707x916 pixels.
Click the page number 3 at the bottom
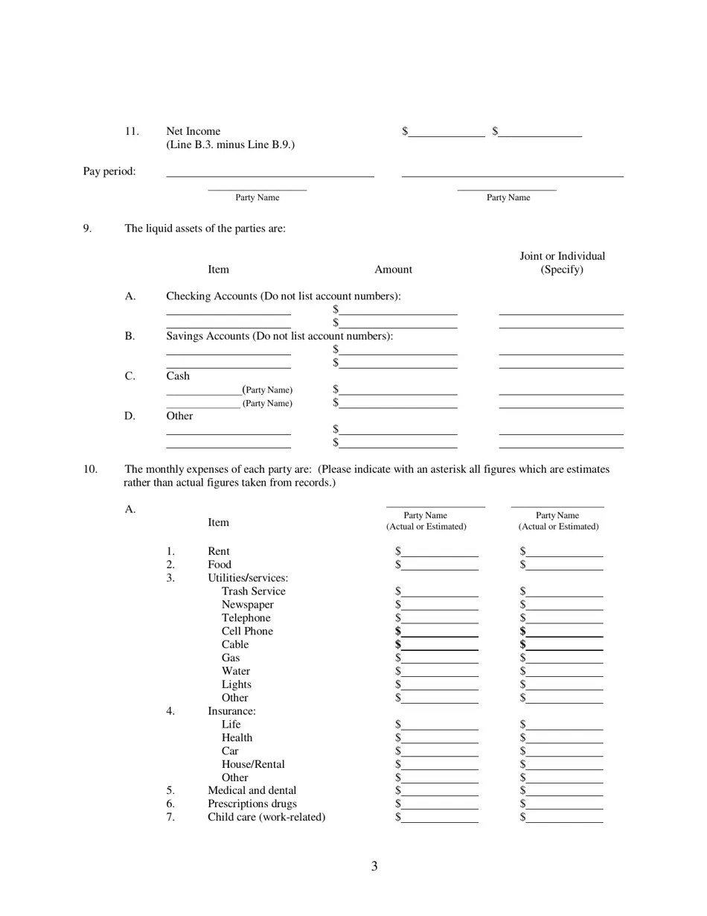(x=374, y=866)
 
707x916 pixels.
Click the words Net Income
(x=193, y=131)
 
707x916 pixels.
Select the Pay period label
(x=109, y=171)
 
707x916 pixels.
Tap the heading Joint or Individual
(x=562, y=256)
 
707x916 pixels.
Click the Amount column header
(x=393, y=270)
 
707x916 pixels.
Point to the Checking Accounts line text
(x=283, y=296)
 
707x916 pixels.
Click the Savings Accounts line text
(x=279, y=337)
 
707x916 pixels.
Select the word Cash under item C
(x=178, y=376)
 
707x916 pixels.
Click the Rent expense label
(x=219, y=552)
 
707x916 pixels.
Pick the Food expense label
(x=220, y=565)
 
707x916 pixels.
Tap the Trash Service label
(x=253, y=591)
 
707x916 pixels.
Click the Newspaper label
(x=247, y=605)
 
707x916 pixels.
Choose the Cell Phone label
(x=247, y=632)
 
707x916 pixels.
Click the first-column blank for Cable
(x=439, y=645)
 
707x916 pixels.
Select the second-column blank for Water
(x=564, y=672)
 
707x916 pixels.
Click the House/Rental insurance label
(x=253, y=765)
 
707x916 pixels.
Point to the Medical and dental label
(x=252, y=791)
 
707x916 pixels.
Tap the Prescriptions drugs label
(x=252, y=804)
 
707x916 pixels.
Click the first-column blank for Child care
(x=439, y=818)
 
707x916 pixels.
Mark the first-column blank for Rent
(x=439, y=553)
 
